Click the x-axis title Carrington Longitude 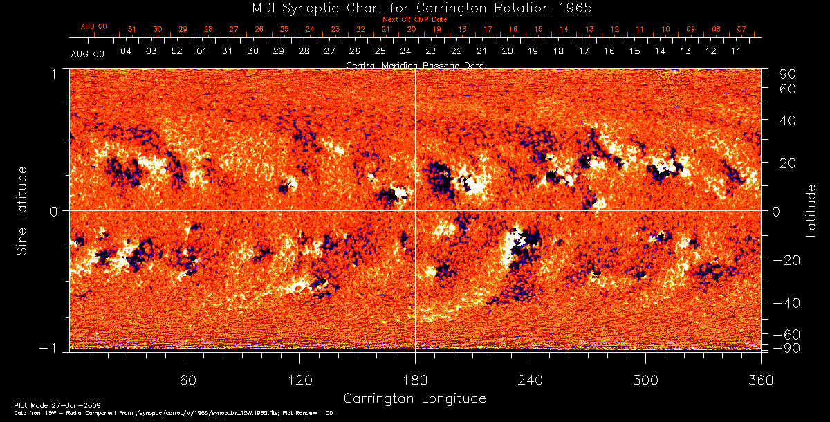414,398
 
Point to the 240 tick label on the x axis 530,380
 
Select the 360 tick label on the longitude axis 760,380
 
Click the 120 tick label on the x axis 299,380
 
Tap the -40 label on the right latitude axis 788,302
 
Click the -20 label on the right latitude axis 788,259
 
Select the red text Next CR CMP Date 414,19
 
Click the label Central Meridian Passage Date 414,65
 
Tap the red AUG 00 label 94,26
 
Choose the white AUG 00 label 88,53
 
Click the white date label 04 126,51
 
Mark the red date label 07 741,29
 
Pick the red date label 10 665,29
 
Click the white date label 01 202,51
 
